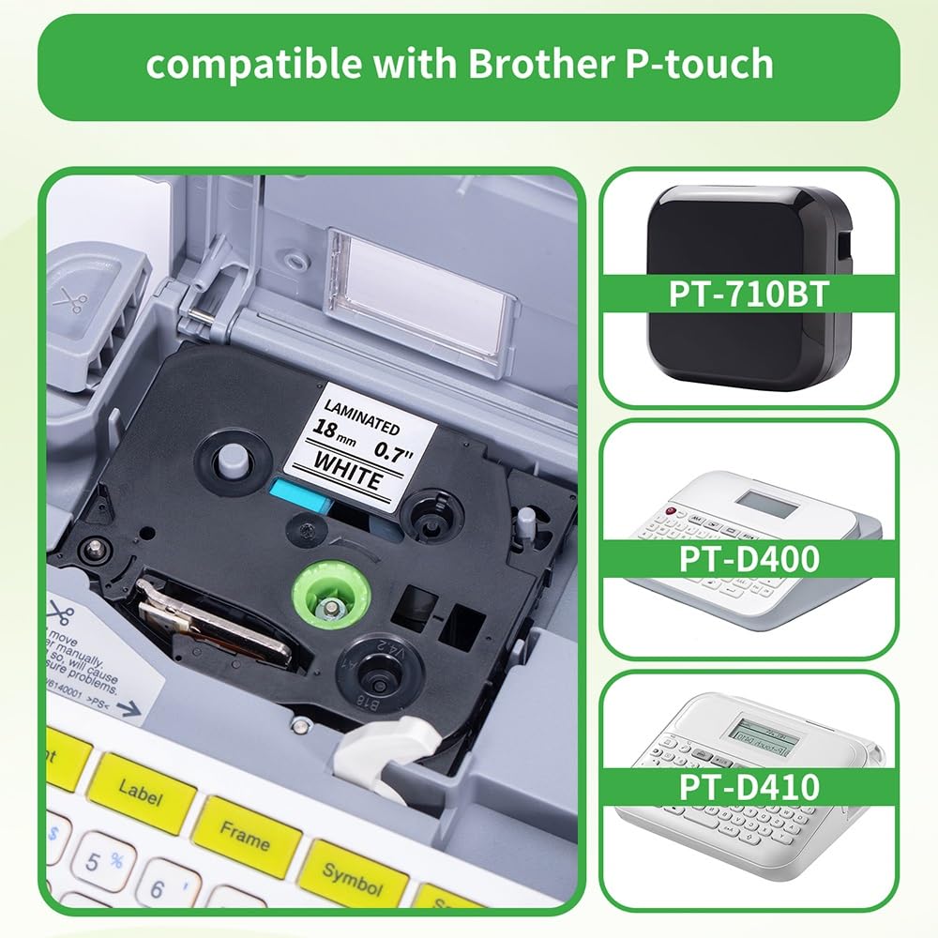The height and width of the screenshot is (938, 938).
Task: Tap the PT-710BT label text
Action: pos(749,294)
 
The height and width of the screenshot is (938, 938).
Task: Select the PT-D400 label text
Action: pos(749,558)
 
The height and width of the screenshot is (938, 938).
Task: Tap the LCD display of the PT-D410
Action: pos(764,736)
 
